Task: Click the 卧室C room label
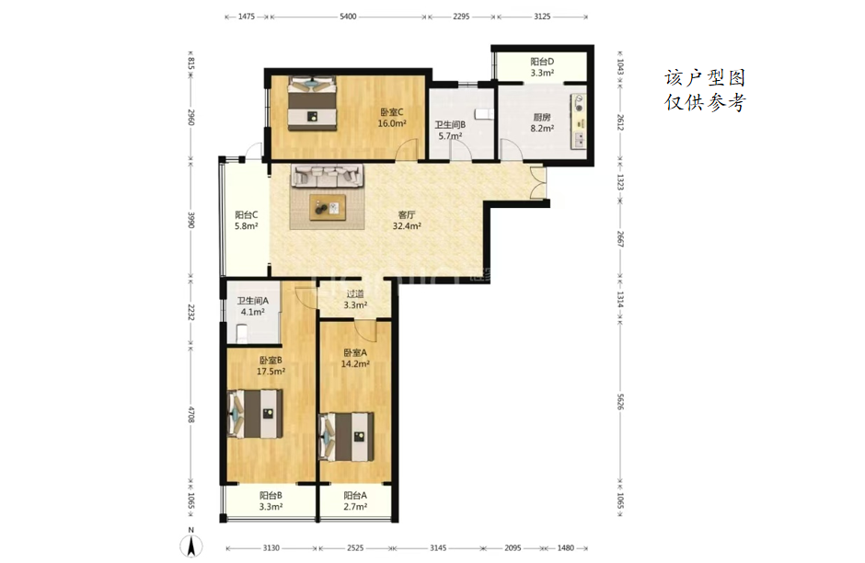click(x=392, y=112)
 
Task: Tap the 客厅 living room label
click(x=407, y=214)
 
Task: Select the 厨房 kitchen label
click(x=542, y=117)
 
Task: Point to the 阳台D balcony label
click(x=542, y=62)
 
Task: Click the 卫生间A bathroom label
click(x=253, y=301)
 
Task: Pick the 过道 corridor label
click(x=355, y=293)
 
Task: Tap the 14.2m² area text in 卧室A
click(x=355, y=364)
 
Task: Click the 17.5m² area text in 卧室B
click(x=271, y=372)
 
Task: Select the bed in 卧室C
click(x=312, y=103)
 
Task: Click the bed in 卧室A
click(x=346, y=437)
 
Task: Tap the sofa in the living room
click(x=328, y=176)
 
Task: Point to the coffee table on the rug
click(x=328, y=207)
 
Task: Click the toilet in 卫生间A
click(x=242, y=332)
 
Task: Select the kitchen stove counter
click(x=579, y=121)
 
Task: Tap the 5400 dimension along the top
click(x=348, y=17)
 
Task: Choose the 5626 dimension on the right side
click(x=620, y=401)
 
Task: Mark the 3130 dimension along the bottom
click(x=271, y=548)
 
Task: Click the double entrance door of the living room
click(x=537, y=182)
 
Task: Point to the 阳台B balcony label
click(x=271, y=496)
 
